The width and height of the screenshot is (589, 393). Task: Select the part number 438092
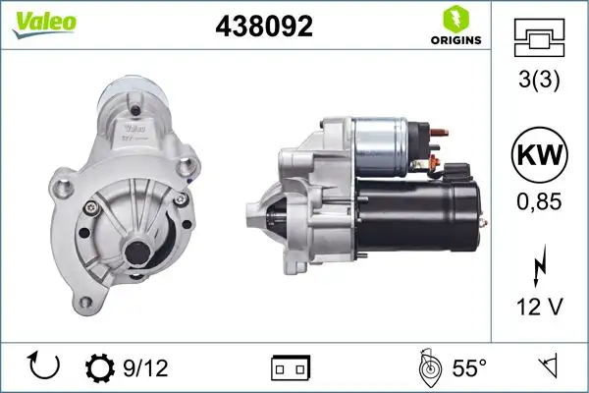tap(263, 28)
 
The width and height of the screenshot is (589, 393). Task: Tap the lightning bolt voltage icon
tap(539, 267)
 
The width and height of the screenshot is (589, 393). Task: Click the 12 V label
tap(539, 309)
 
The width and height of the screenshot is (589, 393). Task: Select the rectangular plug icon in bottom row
tap(290, 368)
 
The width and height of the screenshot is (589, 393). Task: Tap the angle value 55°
tap(469, 367)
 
